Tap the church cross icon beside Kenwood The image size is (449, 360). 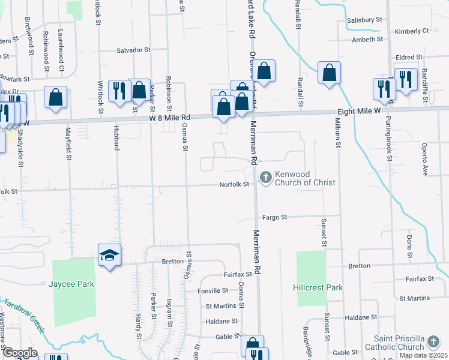pyautogui.click(x=265, y=178)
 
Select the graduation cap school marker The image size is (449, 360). pyautogui.click(x=110, y=255)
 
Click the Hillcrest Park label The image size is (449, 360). pyautogui.click(x=318, y=287)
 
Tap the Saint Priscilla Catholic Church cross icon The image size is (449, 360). pyautogui.click(x=433, y=342)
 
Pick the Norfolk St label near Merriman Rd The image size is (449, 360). pyautogui.click(x=234, y=184)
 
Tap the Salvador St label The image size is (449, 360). pyautogui.click(x=133, y=50)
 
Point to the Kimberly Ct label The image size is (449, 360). pyautogui.click(x=412, y=31)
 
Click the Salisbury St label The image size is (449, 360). pyautogui.click(x=364, y=20)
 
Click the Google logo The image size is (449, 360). pyautogui.click(x=19, y=353)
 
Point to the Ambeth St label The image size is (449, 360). pyautogui.click(x=367, y=40)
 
